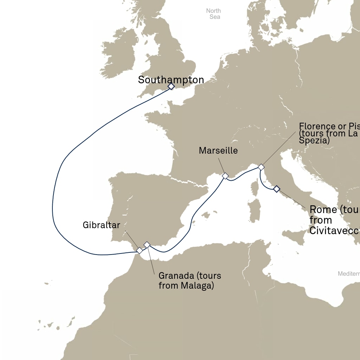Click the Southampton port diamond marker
point(171,86)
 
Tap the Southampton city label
point(171,80)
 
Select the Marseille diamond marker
point(225,175)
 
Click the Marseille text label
point(218,150)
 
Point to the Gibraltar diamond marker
point(140,250)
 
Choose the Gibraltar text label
point(101,225)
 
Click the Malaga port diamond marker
point(147,244)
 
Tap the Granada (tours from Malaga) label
point(190,281)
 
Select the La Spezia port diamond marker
point(261,167)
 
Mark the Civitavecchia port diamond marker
point(276,189)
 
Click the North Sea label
point(213,14)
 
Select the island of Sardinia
point(254,211)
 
